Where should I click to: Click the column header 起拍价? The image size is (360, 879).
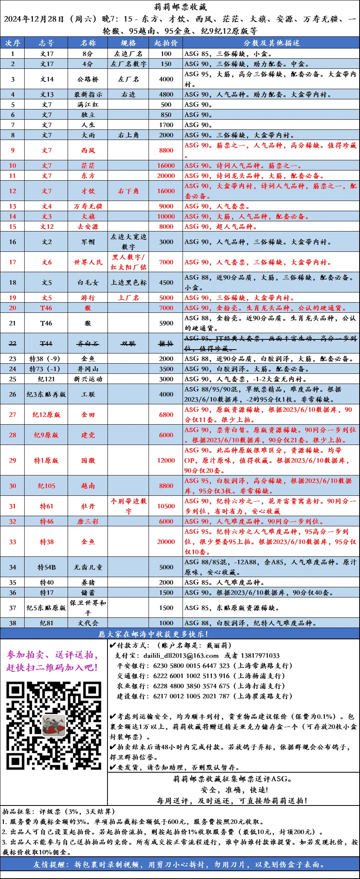[x=166, y=43]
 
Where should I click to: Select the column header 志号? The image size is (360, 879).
[x=47, y=43]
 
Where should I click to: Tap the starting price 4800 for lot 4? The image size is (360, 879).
[x=166, y=95]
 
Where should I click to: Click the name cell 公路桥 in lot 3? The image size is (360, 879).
[x=88, y=79]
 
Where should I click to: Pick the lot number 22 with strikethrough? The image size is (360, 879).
[x=13, y=344]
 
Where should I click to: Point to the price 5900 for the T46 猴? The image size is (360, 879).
[x=166, y=323]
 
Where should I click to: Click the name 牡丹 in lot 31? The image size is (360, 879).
[x=88, y=506]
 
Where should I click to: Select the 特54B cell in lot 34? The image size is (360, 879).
[x=47, y=567]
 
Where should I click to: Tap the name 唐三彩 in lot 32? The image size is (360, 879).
[x=88, y=522]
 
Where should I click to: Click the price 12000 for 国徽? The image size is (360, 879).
[x=166, y=461]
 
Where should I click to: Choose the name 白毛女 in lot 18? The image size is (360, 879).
[x=88, y=283]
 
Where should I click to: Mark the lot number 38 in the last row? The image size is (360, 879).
[x=13, y=623]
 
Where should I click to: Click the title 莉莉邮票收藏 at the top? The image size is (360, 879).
[x=180, y=7]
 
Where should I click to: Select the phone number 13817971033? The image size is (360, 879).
[x=260, y=656]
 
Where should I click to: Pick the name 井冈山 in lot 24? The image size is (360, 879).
[x=88, y=369]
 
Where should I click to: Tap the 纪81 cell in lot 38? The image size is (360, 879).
[x=47, y=623]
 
